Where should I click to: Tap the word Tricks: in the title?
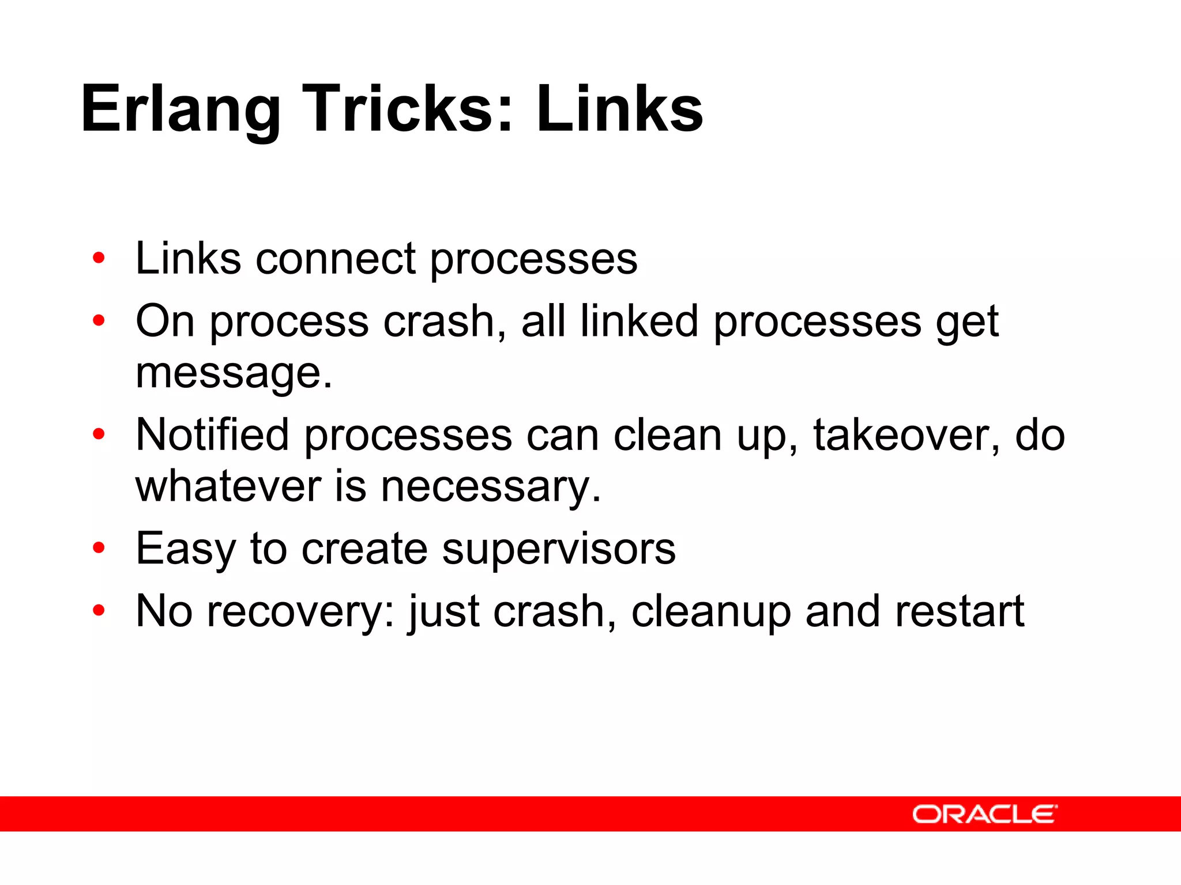407,108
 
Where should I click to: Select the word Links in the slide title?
619,108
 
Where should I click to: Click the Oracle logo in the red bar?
984,814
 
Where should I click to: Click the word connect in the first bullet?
335,259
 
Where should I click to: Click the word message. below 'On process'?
234,373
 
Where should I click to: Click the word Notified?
212,434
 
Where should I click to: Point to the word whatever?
228,487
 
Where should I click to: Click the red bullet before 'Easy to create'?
99,548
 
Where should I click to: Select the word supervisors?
558,549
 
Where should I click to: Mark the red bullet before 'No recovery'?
99,610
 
